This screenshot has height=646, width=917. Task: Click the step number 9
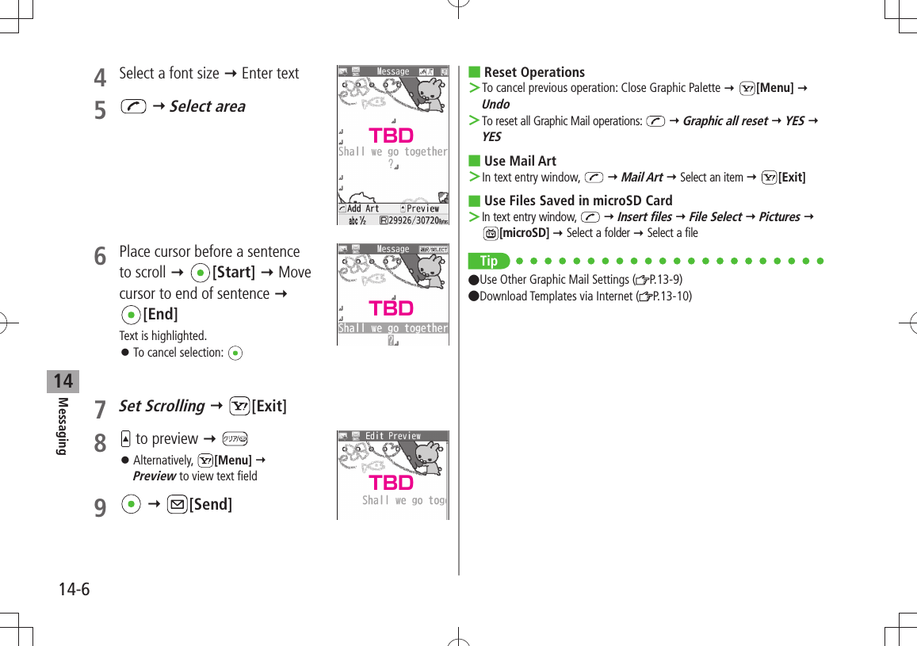tap(100, 507)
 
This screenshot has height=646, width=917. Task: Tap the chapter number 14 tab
tap(63, 381)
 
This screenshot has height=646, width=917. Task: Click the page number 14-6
tap(74, 590)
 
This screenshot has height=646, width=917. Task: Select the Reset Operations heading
tap(534, 72)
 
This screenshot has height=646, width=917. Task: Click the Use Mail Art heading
tap(520, 161)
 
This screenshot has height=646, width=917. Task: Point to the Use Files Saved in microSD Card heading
tap(578, 201)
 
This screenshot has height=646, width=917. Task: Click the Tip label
tap(488, 261)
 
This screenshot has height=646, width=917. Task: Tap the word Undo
tap(495, 104)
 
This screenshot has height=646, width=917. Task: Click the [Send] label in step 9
tap(210, 504)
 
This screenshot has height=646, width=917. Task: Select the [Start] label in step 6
tap(233, 272)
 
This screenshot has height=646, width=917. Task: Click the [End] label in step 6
tap(160, 314)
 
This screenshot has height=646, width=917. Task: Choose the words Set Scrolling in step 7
tap(162, 406)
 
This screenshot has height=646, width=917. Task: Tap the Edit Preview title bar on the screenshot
tap(393, 436)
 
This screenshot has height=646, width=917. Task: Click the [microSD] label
tap(524, 232)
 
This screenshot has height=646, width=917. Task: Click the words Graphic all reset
tap(724, 120)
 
